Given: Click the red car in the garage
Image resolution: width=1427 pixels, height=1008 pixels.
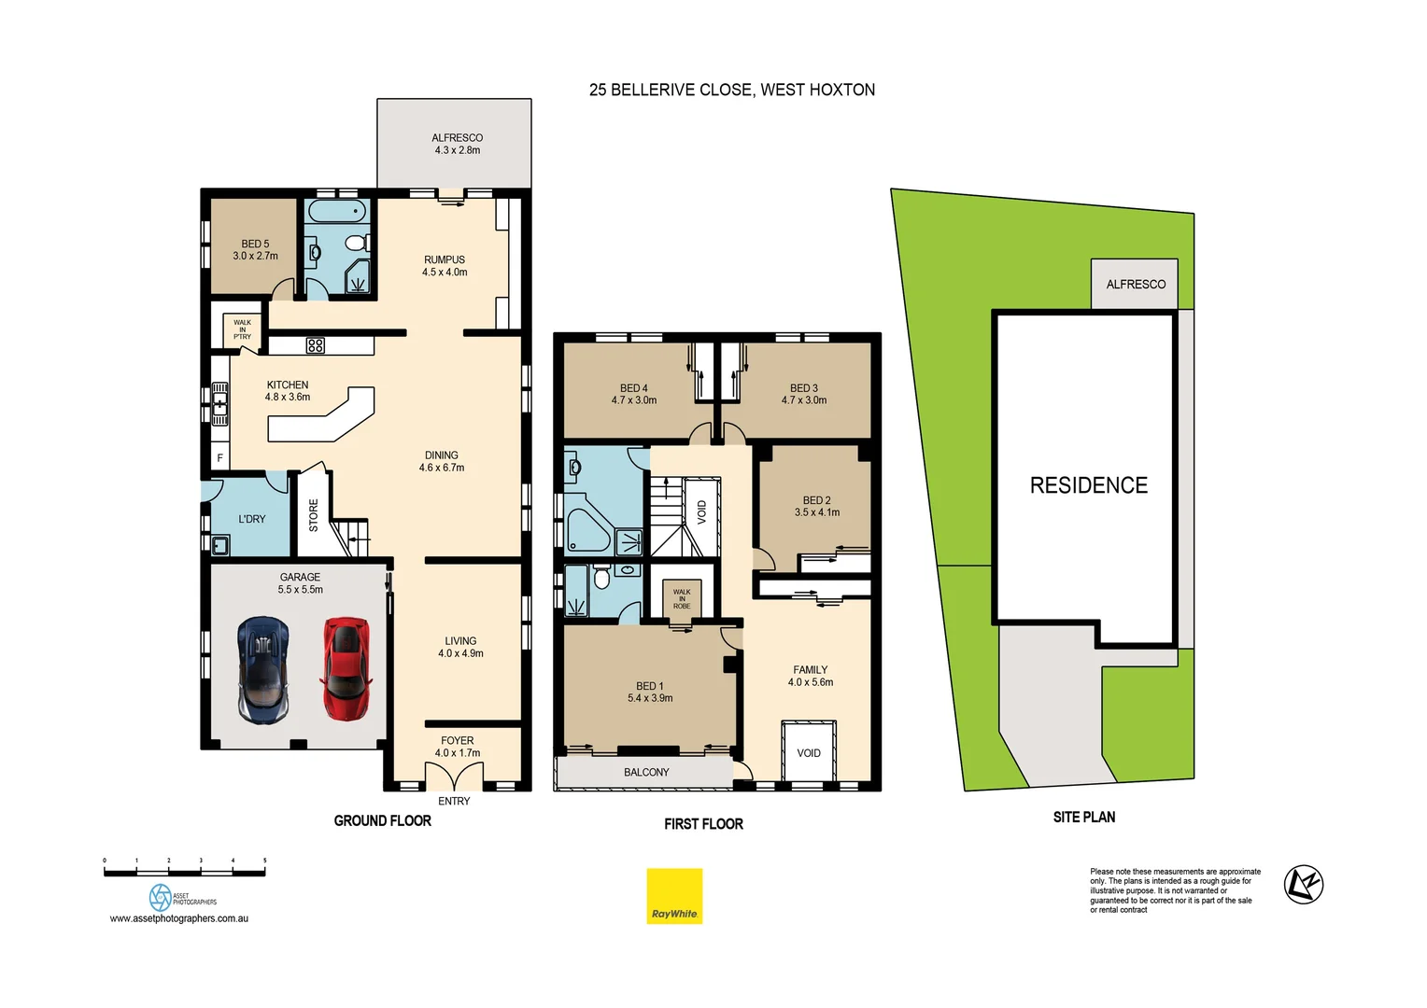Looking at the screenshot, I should click(x=346, y=668).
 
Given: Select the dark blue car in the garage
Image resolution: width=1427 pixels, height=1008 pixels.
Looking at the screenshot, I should click(x=263, y=669).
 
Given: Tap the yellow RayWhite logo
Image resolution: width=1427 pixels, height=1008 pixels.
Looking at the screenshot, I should click(x=674, y=896).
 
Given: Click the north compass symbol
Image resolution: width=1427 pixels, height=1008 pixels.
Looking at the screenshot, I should click(x=1303, y=884).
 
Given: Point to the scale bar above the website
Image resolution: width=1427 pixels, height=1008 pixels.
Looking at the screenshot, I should click(x=185, y=873).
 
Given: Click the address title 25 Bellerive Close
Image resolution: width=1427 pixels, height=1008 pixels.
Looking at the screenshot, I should click(x=731, y=90).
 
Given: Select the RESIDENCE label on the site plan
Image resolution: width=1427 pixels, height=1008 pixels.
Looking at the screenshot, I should click(x=1088, y=485).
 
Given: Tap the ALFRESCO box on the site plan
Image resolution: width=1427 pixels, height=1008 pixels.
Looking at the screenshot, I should click(x=1135, y=284).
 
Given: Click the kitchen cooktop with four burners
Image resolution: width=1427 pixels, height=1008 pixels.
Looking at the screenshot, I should click(x=316, y=345).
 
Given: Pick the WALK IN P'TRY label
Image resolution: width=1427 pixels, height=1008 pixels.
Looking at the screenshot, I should click(x=242, y=329).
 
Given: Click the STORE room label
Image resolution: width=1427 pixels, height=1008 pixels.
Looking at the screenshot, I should click(x=314, y=515).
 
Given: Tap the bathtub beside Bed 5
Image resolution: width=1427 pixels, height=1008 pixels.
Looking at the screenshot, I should click(x=336, y=210).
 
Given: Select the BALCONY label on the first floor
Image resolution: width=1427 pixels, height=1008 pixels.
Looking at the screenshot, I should click(x=646, y=772).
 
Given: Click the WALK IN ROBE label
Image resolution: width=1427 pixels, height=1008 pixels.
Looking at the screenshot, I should click(x=682, y=598).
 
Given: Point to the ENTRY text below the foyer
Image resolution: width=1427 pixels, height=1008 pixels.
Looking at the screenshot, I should click(x=454, y=801).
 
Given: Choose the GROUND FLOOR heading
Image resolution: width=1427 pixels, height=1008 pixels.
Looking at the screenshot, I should click(x=382, y=820).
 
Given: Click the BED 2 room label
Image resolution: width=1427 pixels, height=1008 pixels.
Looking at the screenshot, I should click(x=816, y=506).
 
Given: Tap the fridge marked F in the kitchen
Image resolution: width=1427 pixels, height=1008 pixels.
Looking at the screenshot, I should click(x=220, y=457).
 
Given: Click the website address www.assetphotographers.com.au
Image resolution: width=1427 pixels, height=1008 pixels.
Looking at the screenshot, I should click(x=179, y=918).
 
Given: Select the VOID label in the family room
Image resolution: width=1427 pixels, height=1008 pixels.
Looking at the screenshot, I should click(x=809, y=753).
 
